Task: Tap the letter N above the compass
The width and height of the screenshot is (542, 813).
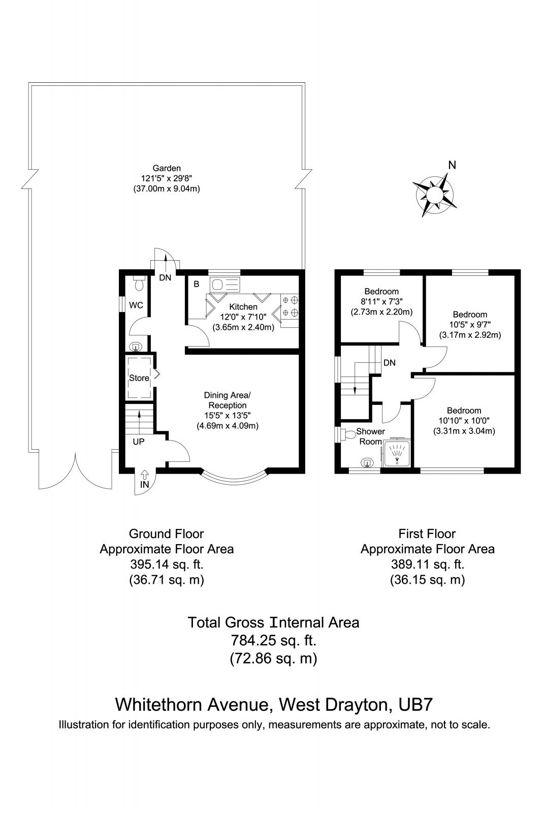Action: (452, 165)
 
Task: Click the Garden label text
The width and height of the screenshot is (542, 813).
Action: (167, 168)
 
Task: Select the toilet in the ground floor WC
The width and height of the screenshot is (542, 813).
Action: (138, 283)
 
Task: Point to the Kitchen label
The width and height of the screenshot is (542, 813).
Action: (243, 307)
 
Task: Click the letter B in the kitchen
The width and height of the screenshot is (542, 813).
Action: (196, 285)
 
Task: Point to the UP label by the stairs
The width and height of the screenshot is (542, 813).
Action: (138, 442)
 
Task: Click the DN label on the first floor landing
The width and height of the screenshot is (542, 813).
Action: (390, 363)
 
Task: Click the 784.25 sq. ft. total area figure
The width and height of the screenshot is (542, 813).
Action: (273, 640)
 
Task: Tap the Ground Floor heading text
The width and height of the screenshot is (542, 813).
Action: (166, 534)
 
